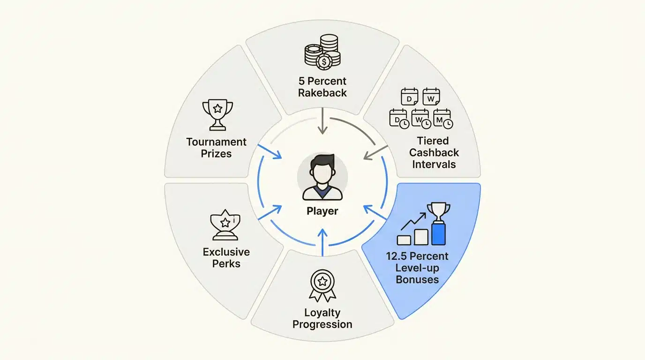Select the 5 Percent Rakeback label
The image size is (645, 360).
(322, 87)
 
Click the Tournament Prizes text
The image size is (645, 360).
(217, 147)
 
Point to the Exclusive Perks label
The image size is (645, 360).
(226, 257)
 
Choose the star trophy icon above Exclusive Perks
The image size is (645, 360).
(225, 225)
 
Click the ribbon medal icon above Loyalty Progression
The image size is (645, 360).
(322, 285)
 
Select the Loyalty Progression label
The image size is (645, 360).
(322, 318)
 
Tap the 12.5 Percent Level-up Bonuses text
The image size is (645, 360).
(417, 268)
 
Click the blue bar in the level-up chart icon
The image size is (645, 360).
(438, 233)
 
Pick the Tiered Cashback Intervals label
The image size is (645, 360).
(432, 152)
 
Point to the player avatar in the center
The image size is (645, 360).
(322, 177)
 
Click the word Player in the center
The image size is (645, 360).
(322, 211)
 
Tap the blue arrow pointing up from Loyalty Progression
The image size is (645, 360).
(322, 239)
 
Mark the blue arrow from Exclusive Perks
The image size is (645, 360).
(270, 212)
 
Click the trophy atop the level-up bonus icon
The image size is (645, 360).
(439, 211)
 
